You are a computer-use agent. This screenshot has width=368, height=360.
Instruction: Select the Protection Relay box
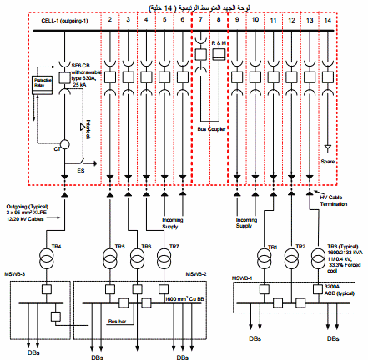41,83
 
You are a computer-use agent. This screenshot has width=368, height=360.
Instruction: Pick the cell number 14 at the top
327,17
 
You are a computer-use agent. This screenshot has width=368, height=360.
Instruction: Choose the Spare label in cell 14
326,161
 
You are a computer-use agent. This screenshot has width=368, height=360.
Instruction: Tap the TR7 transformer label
174,247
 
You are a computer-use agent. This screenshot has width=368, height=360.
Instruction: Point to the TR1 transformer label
272,247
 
